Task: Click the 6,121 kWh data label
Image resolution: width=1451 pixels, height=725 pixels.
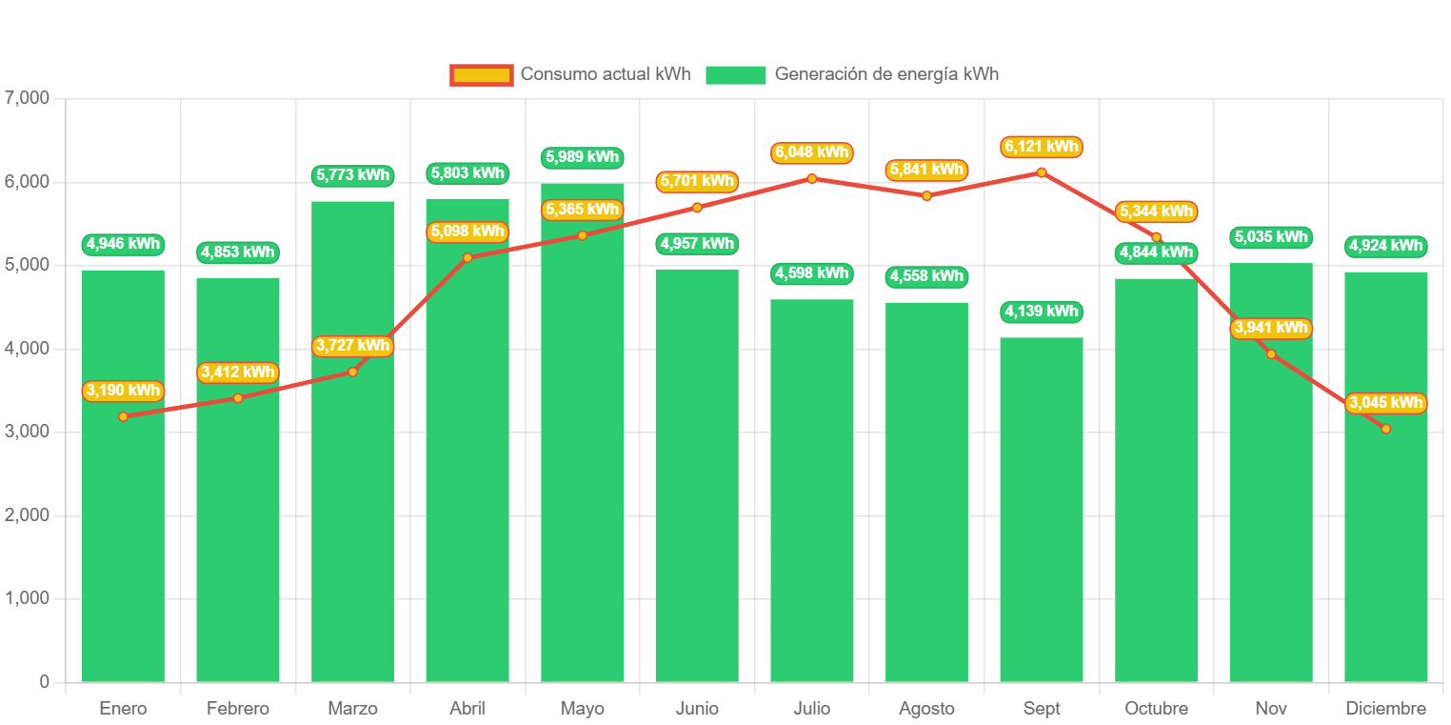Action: pos(1041,147)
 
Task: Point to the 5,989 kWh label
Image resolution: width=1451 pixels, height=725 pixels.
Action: pos(581,157)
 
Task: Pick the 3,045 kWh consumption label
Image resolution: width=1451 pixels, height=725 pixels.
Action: pos(1385,403)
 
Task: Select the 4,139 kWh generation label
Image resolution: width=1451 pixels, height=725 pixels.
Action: pos(1041,312)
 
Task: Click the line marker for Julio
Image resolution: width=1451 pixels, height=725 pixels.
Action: pos(811,178)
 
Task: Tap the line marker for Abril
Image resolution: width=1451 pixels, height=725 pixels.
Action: pos(467,257)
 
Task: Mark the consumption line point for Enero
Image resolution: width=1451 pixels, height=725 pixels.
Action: pos(123,416)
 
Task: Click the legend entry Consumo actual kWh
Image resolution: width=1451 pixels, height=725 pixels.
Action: pos(570,74)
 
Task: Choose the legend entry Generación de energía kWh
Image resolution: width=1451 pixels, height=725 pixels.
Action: pos(852,74)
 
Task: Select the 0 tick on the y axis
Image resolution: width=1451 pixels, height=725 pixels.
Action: pos(44,681)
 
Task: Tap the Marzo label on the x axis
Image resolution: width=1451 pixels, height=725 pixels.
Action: pos(352,709)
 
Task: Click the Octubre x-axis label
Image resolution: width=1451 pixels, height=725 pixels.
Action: pos(1156,709)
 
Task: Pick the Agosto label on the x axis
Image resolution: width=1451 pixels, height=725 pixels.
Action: pos(926,709)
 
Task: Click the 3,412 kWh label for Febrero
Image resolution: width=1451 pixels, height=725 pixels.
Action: pos(238,373)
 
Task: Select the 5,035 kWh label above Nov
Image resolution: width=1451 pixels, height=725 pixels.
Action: pos(1271,237)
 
